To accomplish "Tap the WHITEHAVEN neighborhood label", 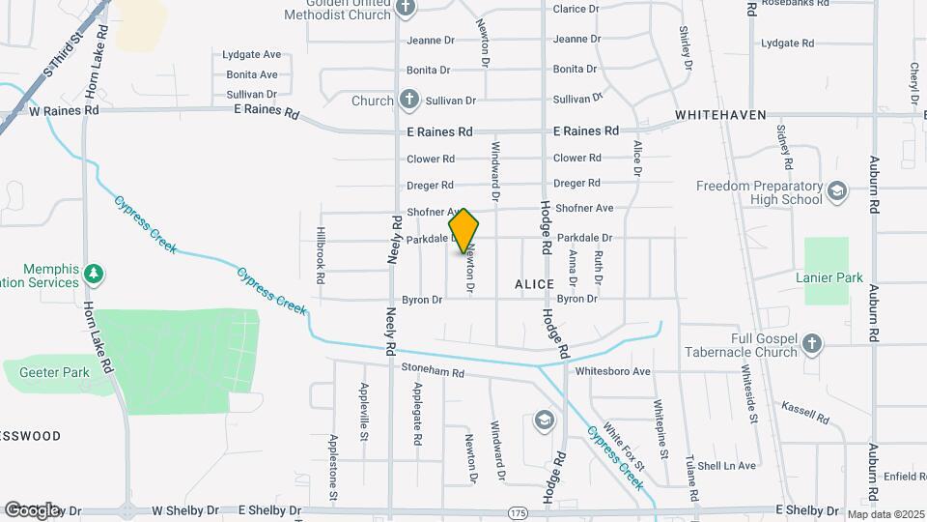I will click(718, 114).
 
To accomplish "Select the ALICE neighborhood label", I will click(535, 284).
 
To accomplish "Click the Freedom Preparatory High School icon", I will click(836, 191).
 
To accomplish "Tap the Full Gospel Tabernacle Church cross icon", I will click(812, 343).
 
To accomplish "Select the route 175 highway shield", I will click(519, 510).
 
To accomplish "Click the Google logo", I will click(32, 509).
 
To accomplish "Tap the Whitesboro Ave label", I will click(612, 371).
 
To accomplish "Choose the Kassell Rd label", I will click(805, 413).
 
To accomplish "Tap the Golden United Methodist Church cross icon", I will click(406, 8).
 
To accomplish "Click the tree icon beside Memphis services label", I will click(94, 274).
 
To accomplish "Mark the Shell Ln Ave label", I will click(727, 466).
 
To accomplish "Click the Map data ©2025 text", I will click(884, 514).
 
